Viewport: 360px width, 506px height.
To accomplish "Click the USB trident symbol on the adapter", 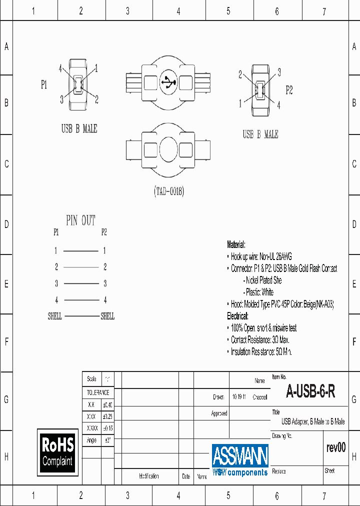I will pos(168,82).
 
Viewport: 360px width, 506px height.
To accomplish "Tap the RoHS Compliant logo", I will pos(57,451).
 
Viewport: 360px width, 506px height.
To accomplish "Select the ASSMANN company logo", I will pos(240,459).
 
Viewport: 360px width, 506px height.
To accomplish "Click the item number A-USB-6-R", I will pos(310,392).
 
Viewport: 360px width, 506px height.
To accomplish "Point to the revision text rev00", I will pos(335,447).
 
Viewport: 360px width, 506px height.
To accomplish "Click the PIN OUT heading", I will pos(80,220).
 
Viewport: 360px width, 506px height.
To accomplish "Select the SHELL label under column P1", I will pos(55,316).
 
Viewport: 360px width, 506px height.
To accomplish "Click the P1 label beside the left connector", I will pos(44,85).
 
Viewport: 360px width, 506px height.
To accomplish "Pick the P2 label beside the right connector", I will pos(289,90).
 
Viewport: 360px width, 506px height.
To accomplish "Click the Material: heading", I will pos(236,244).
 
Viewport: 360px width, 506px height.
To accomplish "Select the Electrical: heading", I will pos(237,316).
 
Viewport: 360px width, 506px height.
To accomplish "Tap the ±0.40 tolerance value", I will pos(107,405).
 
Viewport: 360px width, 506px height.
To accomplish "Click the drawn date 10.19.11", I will pos(238,397).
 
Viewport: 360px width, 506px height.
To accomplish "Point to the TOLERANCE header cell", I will pos(98,393).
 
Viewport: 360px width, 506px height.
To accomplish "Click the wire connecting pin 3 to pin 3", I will pos(80,284).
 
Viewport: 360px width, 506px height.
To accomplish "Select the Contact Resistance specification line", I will pos(260,340).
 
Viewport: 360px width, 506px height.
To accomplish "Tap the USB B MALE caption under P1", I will pos(79,129).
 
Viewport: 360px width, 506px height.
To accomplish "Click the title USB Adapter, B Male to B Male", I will pos(313,421).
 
